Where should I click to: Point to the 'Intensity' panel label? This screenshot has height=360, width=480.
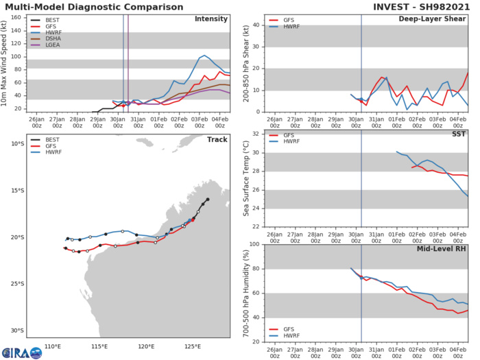(x=211, y=19)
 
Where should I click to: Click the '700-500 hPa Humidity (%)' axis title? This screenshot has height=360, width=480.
(x=245, y=291)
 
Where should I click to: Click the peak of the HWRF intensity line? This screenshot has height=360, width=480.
(x=204, y=55)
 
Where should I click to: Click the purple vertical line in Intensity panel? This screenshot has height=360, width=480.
(x=128, y=62)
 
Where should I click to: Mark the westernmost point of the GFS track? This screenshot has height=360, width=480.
(x=65, y=248)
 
